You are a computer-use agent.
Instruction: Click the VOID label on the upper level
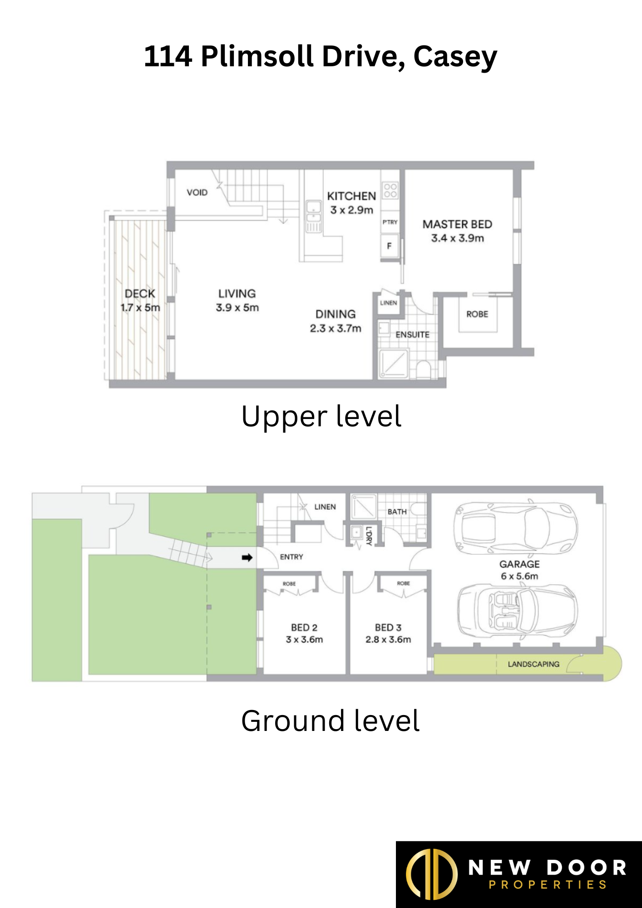click(x=197, y=192)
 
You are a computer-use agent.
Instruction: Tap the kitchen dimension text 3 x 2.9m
click(x=351, y=210)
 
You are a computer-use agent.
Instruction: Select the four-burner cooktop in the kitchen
click(x=390, y=190)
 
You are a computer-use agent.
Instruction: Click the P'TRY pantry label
click(x=390, y=222)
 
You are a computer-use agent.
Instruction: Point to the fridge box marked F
click(x=389, y=246)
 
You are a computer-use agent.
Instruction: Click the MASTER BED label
click(x=457, y=224)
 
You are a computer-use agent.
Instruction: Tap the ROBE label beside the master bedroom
click(x=477, y=314)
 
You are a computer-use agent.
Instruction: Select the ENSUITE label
click(x=412, y=335)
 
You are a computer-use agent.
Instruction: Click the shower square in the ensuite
click(x=394, y=363)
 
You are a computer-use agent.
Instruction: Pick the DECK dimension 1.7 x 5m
click(x=140, y=308)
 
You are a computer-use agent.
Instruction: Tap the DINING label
click(x=336, y=314)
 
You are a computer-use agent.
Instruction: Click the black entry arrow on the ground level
click(x=247, y=558)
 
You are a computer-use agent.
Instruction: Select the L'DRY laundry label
click(x=369, y=536)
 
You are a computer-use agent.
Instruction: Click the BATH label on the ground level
click(x=397, y=512)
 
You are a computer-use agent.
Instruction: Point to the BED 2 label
click(x=304, y=627)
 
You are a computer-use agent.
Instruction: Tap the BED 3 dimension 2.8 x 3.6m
click(x=388, y=640)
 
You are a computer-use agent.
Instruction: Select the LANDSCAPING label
click(x=533, y=664)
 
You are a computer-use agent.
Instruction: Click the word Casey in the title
click(x=455, y=57)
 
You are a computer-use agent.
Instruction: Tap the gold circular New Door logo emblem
click(x=431, y=874)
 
